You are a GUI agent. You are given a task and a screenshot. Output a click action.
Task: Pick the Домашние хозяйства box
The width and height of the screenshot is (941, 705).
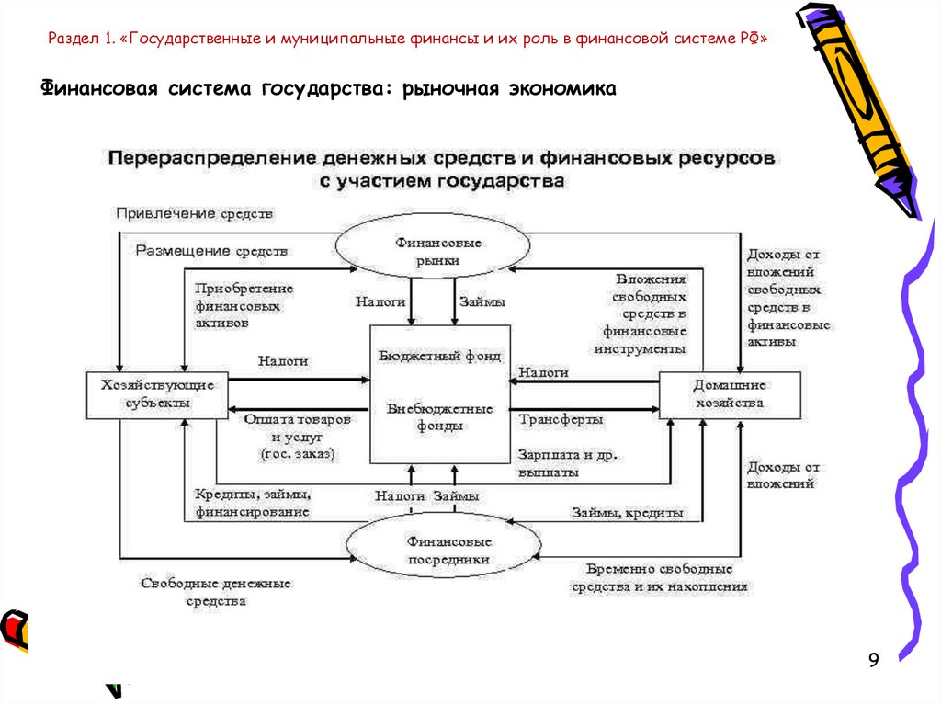tap(729, 394)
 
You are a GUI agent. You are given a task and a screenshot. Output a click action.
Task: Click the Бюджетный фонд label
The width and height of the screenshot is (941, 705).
tap(440, 356)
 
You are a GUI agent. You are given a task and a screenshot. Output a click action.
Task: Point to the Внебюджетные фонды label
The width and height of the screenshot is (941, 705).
tap(440, 417)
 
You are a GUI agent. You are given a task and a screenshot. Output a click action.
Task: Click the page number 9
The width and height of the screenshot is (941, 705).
tap(873, 660)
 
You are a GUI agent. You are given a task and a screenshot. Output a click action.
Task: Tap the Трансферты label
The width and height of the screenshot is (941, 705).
tap(561, 420)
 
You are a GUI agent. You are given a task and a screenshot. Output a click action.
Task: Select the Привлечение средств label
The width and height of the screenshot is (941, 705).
tap(195, 213)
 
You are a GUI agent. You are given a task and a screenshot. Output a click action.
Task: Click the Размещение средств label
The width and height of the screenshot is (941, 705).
tap(212, 250)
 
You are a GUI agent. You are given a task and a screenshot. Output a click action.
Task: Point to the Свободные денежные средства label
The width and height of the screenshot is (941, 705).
tap(215, 592)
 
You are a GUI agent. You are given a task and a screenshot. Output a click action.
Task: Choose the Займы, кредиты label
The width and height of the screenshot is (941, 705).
tap(628, 513)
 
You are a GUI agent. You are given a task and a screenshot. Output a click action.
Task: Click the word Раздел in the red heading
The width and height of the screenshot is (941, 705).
tap(74, 40)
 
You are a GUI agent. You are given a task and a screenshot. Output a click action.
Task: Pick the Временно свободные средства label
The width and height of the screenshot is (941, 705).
tap(659, 577)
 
